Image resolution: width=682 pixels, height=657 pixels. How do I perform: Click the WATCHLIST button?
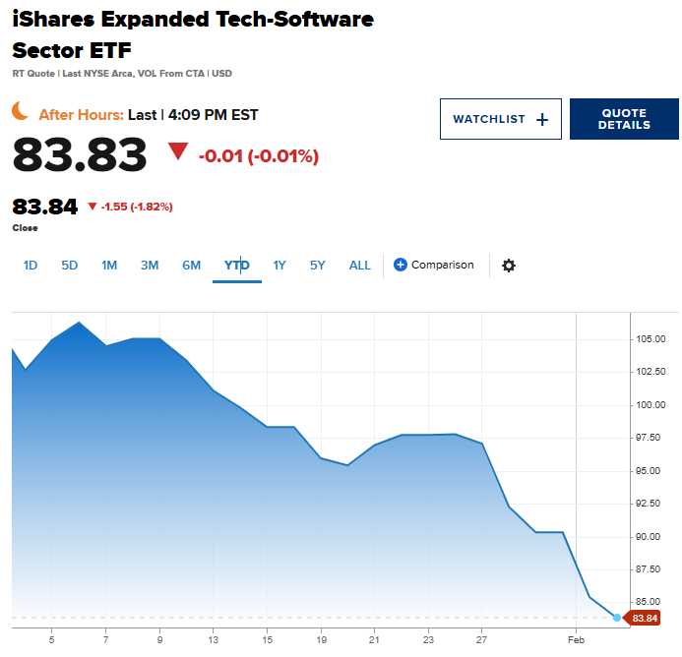(500, 119)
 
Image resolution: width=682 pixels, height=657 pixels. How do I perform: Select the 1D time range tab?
(31, 265)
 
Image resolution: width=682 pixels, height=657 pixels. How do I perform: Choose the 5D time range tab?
(69, 265)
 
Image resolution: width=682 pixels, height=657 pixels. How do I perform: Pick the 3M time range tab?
(150, 265)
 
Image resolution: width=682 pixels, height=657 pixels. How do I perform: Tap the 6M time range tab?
(191, 265)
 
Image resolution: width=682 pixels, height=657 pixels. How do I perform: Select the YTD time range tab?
(236, 265)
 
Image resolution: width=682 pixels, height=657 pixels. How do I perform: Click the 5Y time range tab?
(317, 265)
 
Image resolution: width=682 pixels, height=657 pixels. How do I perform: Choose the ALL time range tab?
(360, 265)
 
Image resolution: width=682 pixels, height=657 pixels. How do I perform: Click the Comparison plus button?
(401, 265)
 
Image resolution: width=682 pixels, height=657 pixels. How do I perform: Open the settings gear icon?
(509, 266)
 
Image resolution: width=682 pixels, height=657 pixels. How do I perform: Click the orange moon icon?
(21, 111)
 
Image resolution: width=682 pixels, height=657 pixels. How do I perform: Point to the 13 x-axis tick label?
(213, 639)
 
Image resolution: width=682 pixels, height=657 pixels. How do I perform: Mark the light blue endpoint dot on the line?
(617, 618)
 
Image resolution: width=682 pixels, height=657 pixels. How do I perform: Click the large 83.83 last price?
(80, 154)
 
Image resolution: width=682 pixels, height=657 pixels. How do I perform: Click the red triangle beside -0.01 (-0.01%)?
(177, 151)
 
